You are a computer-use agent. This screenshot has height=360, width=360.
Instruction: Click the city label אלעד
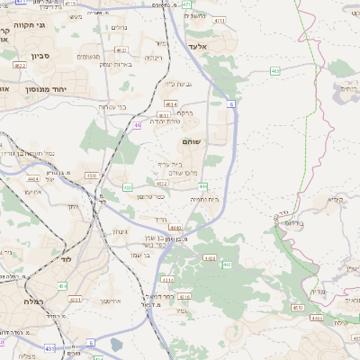point(199,46)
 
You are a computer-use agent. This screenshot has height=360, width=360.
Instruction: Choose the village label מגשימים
point(87,57)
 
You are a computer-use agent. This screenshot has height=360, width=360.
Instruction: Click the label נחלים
point(120,28)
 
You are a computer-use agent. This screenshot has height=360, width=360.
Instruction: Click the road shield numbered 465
point(275,69)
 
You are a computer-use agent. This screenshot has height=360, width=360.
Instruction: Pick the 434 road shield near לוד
point(63,285)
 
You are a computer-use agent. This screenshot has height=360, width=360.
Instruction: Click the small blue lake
point(116,344)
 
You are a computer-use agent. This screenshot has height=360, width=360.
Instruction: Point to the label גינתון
point(118,232)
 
